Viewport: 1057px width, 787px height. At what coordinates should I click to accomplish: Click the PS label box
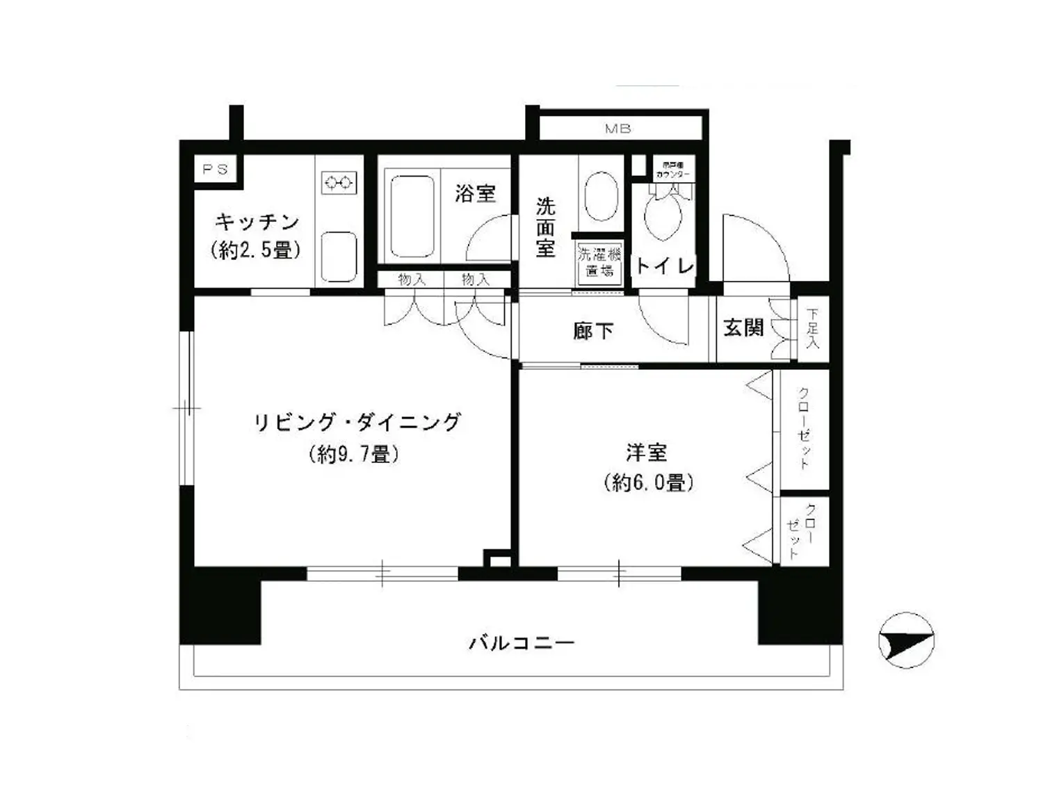point(215,169)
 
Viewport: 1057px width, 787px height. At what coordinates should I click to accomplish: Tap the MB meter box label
point(618,129)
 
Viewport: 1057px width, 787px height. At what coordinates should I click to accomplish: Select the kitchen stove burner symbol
point(339,184)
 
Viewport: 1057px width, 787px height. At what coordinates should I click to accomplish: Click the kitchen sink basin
point(339,255)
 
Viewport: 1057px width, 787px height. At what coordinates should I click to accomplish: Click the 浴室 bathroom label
point(475,193)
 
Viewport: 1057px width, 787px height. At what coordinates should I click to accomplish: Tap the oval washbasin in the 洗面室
point(601,196)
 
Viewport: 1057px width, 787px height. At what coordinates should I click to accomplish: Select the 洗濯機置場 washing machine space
point(599,262)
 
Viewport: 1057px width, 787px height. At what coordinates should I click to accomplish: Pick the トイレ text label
point(664,266)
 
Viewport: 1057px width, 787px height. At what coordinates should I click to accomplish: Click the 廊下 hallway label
point(593,331)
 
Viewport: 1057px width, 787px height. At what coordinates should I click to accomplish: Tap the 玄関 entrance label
point(743,327)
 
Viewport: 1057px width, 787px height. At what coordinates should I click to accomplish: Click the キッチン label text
point(256,222)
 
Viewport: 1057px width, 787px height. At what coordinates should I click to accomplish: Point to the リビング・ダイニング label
point(356,422)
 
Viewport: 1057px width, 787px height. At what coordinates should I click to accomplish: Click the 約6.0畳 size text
point(648,482)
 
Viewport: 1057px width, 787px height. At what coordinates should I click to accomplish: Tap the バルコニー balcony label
point(521,642)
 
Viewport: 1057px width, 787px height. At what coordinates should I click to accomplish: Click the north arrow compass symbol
point(906,640)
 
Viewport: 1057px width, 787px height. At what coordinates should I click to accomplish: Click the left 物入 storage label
point(411,279)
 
